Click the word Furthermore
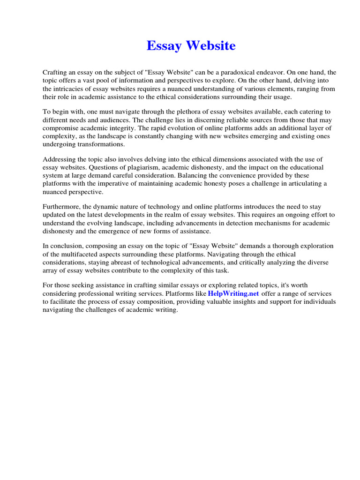[x=62, y=207]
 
